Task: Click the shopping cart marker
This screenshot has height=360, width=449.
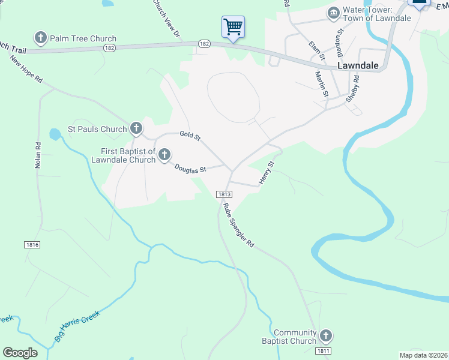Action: click(233, 27)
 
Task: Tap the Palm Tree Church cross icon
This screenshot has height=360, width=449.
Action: click(41, 38)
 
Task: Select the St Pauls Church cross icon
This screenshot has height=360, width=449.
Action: click(136, 128)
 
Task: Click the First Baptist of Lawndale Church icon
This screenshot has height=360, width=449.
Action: click(164, 156)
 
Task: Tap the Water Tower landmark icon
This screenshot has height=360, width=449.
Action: click(333, 13)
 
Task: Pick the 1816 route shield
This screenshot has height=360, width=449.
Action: click(32, 245)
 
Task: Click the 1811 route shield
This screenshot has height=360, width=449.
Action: click(322, 350)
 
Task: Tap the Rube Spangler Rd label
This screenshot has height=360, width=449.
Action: click(239, 226)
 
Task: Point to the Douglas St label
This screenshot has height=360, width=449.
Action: click(190, 169)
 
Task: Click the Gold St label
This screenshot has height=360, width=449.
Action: click(190, 135)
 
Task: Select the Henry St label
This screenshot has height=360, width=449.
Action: click(267, 172)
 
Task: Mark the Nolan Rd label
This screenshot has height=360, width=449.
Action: click(38, 155)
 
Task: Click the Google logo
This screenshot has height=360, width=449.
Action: click(20, 353)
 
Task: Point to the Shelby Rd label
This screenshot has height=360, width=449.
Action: click(353, 89)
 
